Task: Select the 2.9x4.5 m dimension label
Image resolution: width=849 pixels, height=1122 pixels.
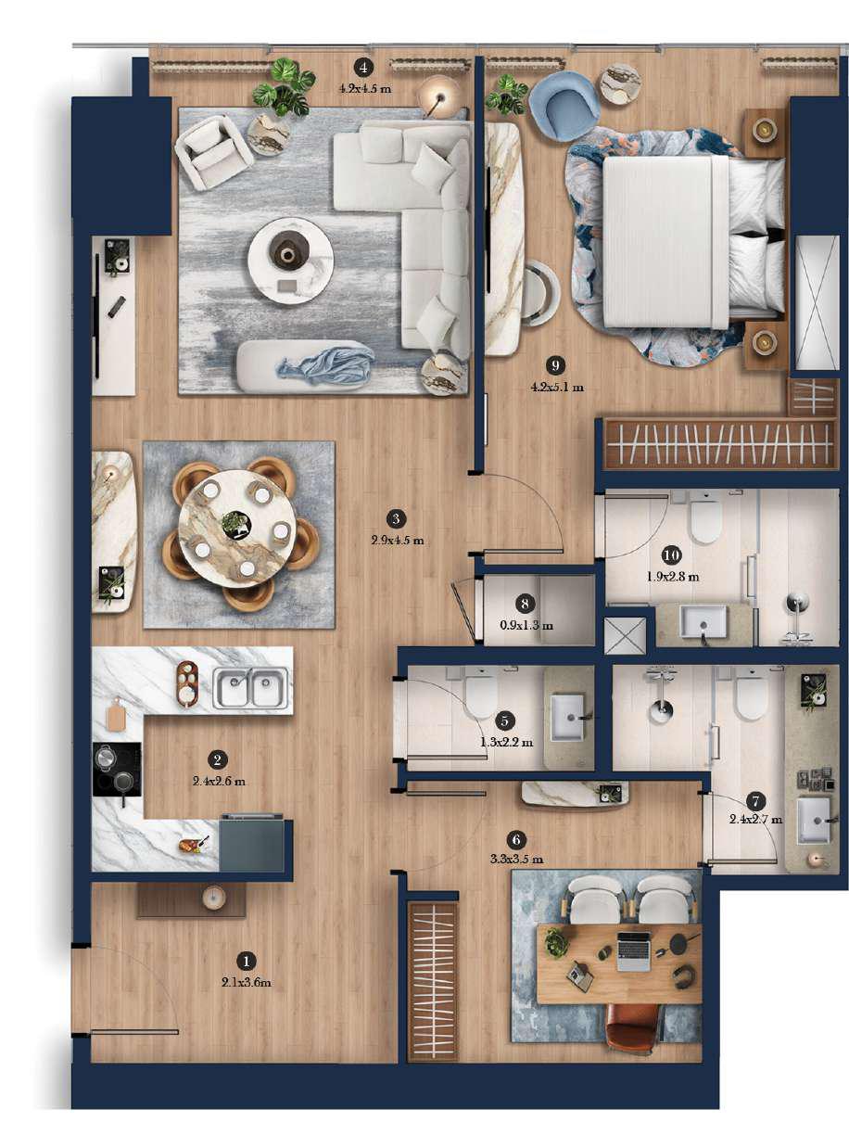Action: pyautogui.click(x=397, y=540)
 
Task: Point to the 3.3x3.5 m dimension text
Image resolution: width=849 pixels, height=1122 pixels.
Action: pyautogui.click(x=515, y=860)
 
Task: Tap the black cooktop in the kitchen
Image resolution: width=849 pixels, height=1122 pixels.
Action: pyautogui.click(x=117, y=769)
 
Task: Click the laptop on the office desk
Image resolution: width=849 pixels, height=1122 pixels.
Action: pyautogui.click(x=635, y=950)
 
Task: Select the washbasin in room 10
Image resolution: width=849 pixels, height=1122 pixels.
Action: pyautogui.click(x=703, y=621)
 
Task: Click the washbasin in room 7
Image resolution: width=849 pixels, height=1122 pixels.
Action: pyautogui.click(x=815, y=818)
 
